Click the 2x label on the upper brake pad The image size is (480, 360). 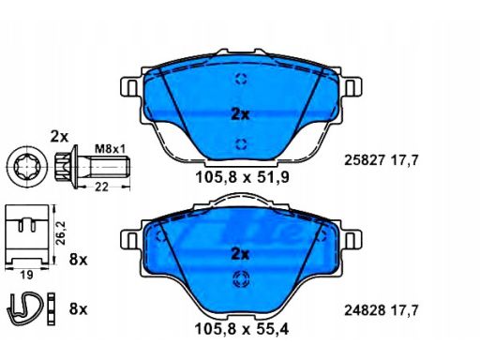(240, 115)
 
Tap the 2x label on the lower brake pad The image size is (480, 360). (240, 254)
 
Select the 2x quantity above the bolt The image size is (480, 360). (61, 137)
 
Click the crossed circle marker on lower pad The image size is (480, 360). (240, 277)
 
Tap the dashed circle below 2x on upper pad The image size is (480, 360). (240, 143)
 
